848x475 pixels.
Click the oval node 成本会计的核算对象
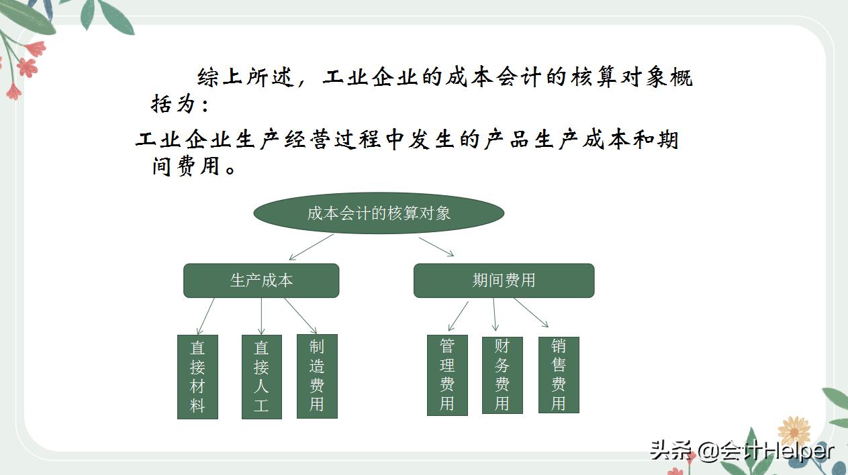(x=379, y=213)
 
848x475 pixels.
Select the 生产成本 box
(x=261, y=280)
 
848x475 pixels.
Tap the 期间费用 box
(x=504, y=280)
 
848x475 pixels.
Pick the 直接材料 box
(x=197, y=376)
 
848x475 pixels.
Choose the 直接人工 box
(x=261, y=376)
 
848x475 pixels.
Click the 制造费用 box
(x=317, y=376)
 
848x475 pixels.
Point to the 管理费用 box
(x=447, y=375)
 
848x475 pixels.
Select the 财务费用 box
(x=502, y=375)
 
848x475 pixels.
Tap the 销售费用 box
(x=559, y=375)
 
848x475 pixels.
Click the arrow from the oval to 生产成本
(x=311, y=246)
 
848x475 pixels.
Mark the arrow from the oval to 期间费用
(x=436, y=246)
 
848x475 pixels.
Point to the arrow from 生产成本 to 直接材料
(x=205, y=316)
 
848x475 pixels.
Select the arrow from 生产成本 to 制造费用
(x=300, y=315)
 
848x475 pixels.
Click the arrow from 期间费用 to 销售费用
(x=531, y=313)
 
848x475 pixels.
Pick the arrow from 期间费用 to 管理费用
(x=459, y=315)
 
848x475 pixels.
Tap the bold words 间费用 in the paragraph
(x=187, y=165)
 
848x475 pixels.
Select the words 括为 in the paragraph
(x=173, y=105)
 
